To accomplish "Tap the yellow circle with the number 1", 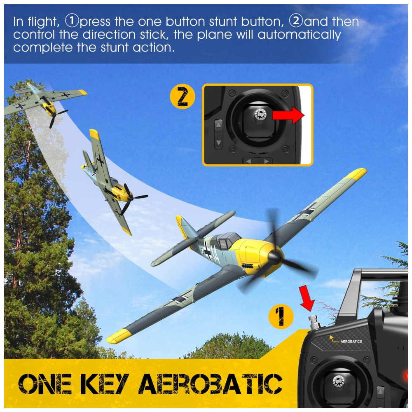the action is [x=281, y=316].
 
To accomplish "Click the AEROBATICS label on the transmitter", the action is [x=351, y=341].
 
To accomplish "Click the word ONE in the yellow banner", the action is [x=45, y=384].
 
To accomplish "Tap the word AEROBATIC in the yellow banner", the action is [x=210, y=384].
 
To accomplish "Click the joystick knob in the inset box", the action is [x=260, y=114].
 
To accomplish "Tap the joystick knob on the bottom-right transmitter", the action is [x=338, y=381].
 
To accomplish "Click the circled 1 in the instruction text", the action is [x=72, y=21].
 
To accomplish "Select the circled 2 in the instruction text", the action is [x=296, y=21].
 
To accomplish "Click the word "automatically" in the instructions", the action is [x=299, y=35].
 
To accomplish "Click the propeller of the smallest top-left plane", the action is [x=56, y=116].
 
